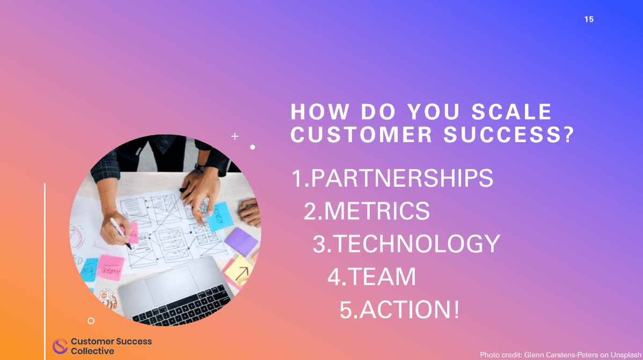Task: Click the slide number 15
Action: pyautogui.click(x=589, y=19)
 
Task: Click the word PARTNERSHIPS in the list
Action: pyautogui.click(x=402, y=179)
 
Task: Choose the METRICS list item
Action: pyautogui.click(x=377, y=211)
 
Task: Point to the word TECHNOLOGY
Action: pyautogui.click(x=417, y=244)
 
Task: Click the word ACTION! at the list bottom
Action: pyautogui.click(x=410, y=310)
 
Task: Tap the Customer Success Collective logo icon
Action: pyautogui.click(x=60, y=346)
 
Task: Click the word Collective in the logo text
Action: pyautogui.click(x=92, y=351)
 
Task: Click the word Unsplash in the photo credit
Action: pyautogui.click(x=625, y=354)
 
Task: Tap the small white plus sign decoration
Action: pyautogui.click(x=235, y=137)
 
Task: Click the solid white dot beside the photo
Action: pyautogui.click(x=252, y=146)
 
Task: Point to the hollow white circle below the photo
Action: pyautogui.click(x=91, y=321)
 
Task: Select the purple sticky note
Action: pyautogui.click(x=241, y=241)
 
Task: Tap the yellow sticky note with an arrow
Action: pyautogui.click(x=239, y=270)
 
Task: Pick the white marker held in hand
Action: pyautogui.click(x=120, y=232)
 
